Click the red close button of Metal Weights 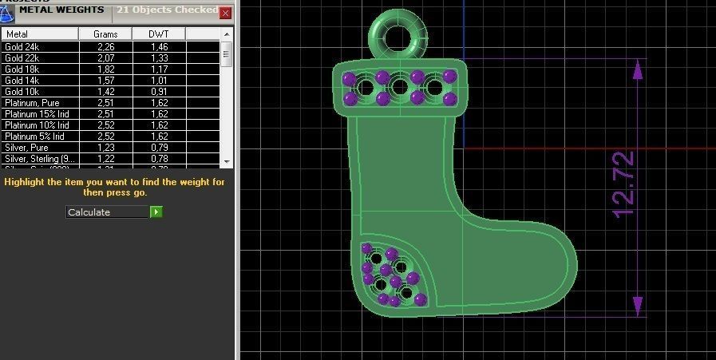pyautogui.click(x=225, y=13)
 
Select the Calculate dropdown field pyautogui.click(x=108, y=212)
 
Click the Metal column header pyautogui.click(x=39, y=34)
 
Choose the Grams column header pyautogui.click(x=105, y=34)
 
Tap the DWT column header pyautogui.click(x=159, y=34)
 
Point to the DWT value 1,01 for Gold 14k pyautogui.click(x=158, y=81)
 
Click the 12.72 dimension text pyautogui.click(x=623, y=184)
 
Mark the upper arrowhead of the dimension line pyautogui.click(x=637, y=69)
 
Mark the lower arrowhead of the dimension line pyautogui.click(x=637, y=306)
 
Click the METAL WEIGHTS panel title pyautogui.click(x=61, y=10)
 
